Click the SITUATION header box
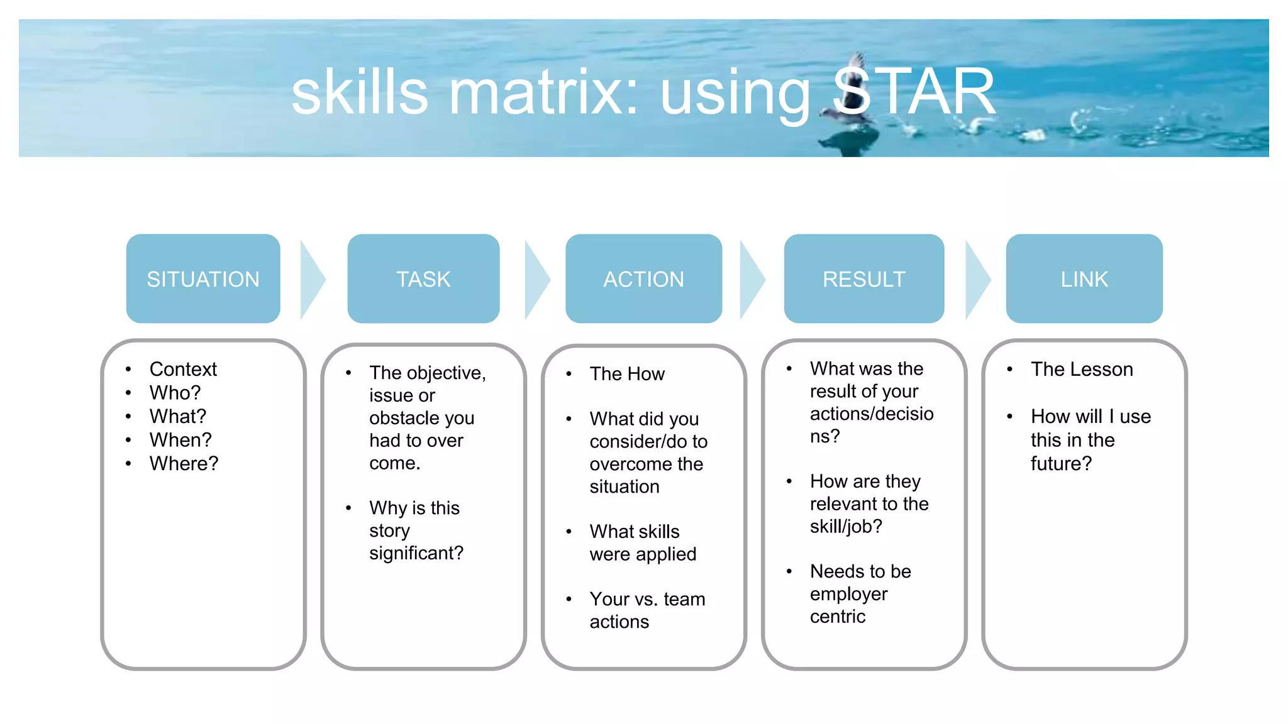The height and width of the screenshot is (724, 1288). point(203,279)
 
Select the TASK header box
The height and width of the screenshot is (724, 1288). point(423,279)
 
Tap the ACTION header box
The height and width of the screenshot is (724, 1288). point(643,279)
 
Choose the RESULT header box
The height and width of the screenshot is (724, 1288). point(863,279)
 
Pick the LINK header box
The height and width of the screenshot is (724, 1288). point(1084,279)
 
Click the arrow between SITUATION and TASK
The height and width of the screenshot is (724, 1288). point(311,280)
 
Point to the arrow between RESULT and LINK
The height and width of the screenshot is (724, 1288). point(976,280)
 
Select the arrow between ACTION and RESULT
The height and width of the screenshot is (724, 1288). point(751,280)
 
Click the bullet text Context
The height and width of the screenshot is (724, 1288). point(183,369)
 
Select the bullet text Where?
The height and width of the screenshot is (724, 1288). point(184,463)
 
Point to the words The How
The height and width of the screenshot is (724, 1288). point(627,374)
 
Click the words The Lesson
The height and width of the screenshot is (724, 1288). point(1082,369)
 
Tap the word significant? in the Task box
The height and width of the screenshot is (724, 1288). point(416,553)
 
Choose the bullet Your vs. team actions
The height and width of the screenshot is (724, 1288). point(647,610)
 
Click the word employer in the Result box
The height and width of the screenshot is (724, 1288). point(848,594)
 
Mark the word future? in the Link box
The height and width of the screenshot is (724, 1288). point(1061,464)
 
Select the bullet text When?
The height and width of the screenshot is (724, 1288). point(180,440)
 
